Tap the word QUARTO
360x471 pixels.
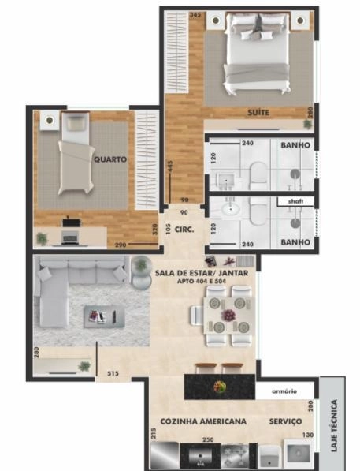coord(111,159)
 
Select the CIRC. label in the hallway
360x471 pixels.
coord(185,230)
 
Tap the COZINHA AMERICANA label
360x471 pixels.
coord(202,422)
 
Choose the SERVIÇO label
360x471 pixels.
coord(284,422)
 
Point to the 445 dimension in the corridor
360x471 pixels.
coord(170,169)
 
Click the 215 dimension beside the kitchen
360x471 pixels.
coord(153,435)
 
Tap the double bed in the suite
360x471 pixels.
coord(255,50)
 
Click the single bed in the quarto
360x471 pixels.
coord(76,154)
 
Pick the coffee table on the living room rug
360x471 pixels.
coord(99,316)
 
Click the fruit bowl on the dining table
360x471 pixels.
coord(228,315)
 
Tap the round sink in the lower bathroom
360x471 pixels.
coord(230,211)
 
